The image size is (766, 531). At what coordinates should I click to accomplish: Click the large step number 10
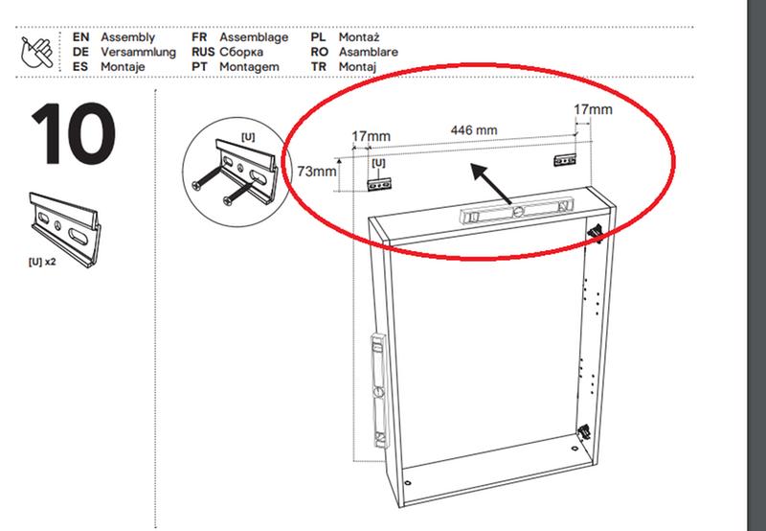point(74,133)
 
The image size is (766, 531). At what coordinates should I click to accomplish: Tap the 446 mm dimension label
point(473,130)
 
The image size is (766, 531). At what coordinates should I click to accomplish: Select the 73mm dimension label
point(317,172)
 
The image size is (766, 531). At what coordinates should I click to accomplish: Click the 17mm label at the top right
point(593,109)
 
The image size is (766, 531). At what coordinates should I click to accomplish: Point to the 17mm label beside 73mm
point(371,136)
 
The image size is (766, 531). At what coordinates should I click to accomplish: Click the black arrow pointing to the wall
point(490,183)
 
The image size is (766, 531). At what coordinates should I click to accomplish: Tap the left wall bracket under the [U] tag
point(379,184)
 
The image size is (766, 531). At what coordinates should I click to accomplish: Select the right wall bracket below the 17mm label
point(565,160)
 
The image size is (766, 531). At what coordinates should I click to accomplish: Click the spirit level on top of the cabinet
point(515,210)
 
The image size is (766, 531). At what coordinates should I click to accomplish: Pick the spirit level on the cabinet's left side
point(379,390)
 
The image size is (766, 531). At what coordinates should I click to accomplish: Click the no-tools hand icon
point(37,52)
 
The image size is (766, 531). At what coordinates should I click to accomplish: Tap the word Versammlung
point(138,52)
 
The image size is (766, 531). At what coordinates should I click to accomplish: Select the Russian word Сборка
point(241,52)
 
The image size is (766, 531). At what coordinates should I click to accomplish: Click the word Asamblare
point(369,52)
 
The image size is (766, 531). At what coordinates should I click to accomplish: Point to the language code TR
point(319,66)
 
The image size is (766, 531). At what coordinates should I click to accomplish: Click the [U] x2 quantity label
point(42,262)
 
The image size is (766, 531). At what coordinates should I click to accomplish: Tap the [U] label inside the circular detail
point(248,137)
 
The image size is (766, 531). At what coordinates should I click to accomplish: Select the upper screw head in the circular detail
point(197,185)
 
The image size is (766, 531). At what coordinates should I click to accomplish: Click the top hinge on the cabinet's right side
point(595,232)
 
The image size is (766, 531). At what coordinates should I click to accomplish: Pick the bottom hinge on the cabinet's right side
point(583,430)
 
